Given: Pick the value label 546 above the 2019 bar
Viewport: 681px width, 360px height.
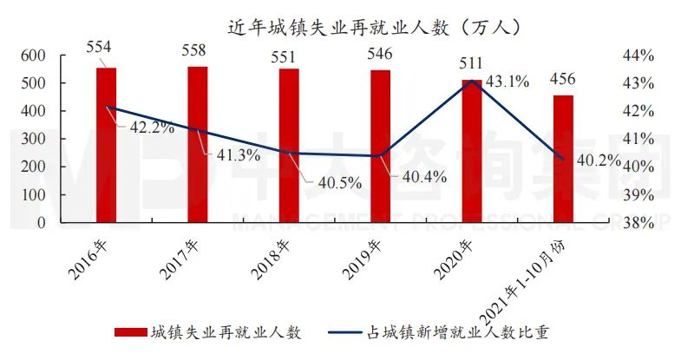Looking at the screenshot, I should pos(380,53).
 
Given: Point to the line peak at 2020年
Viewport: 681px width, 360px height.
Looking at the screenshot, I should pos(471,81).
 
